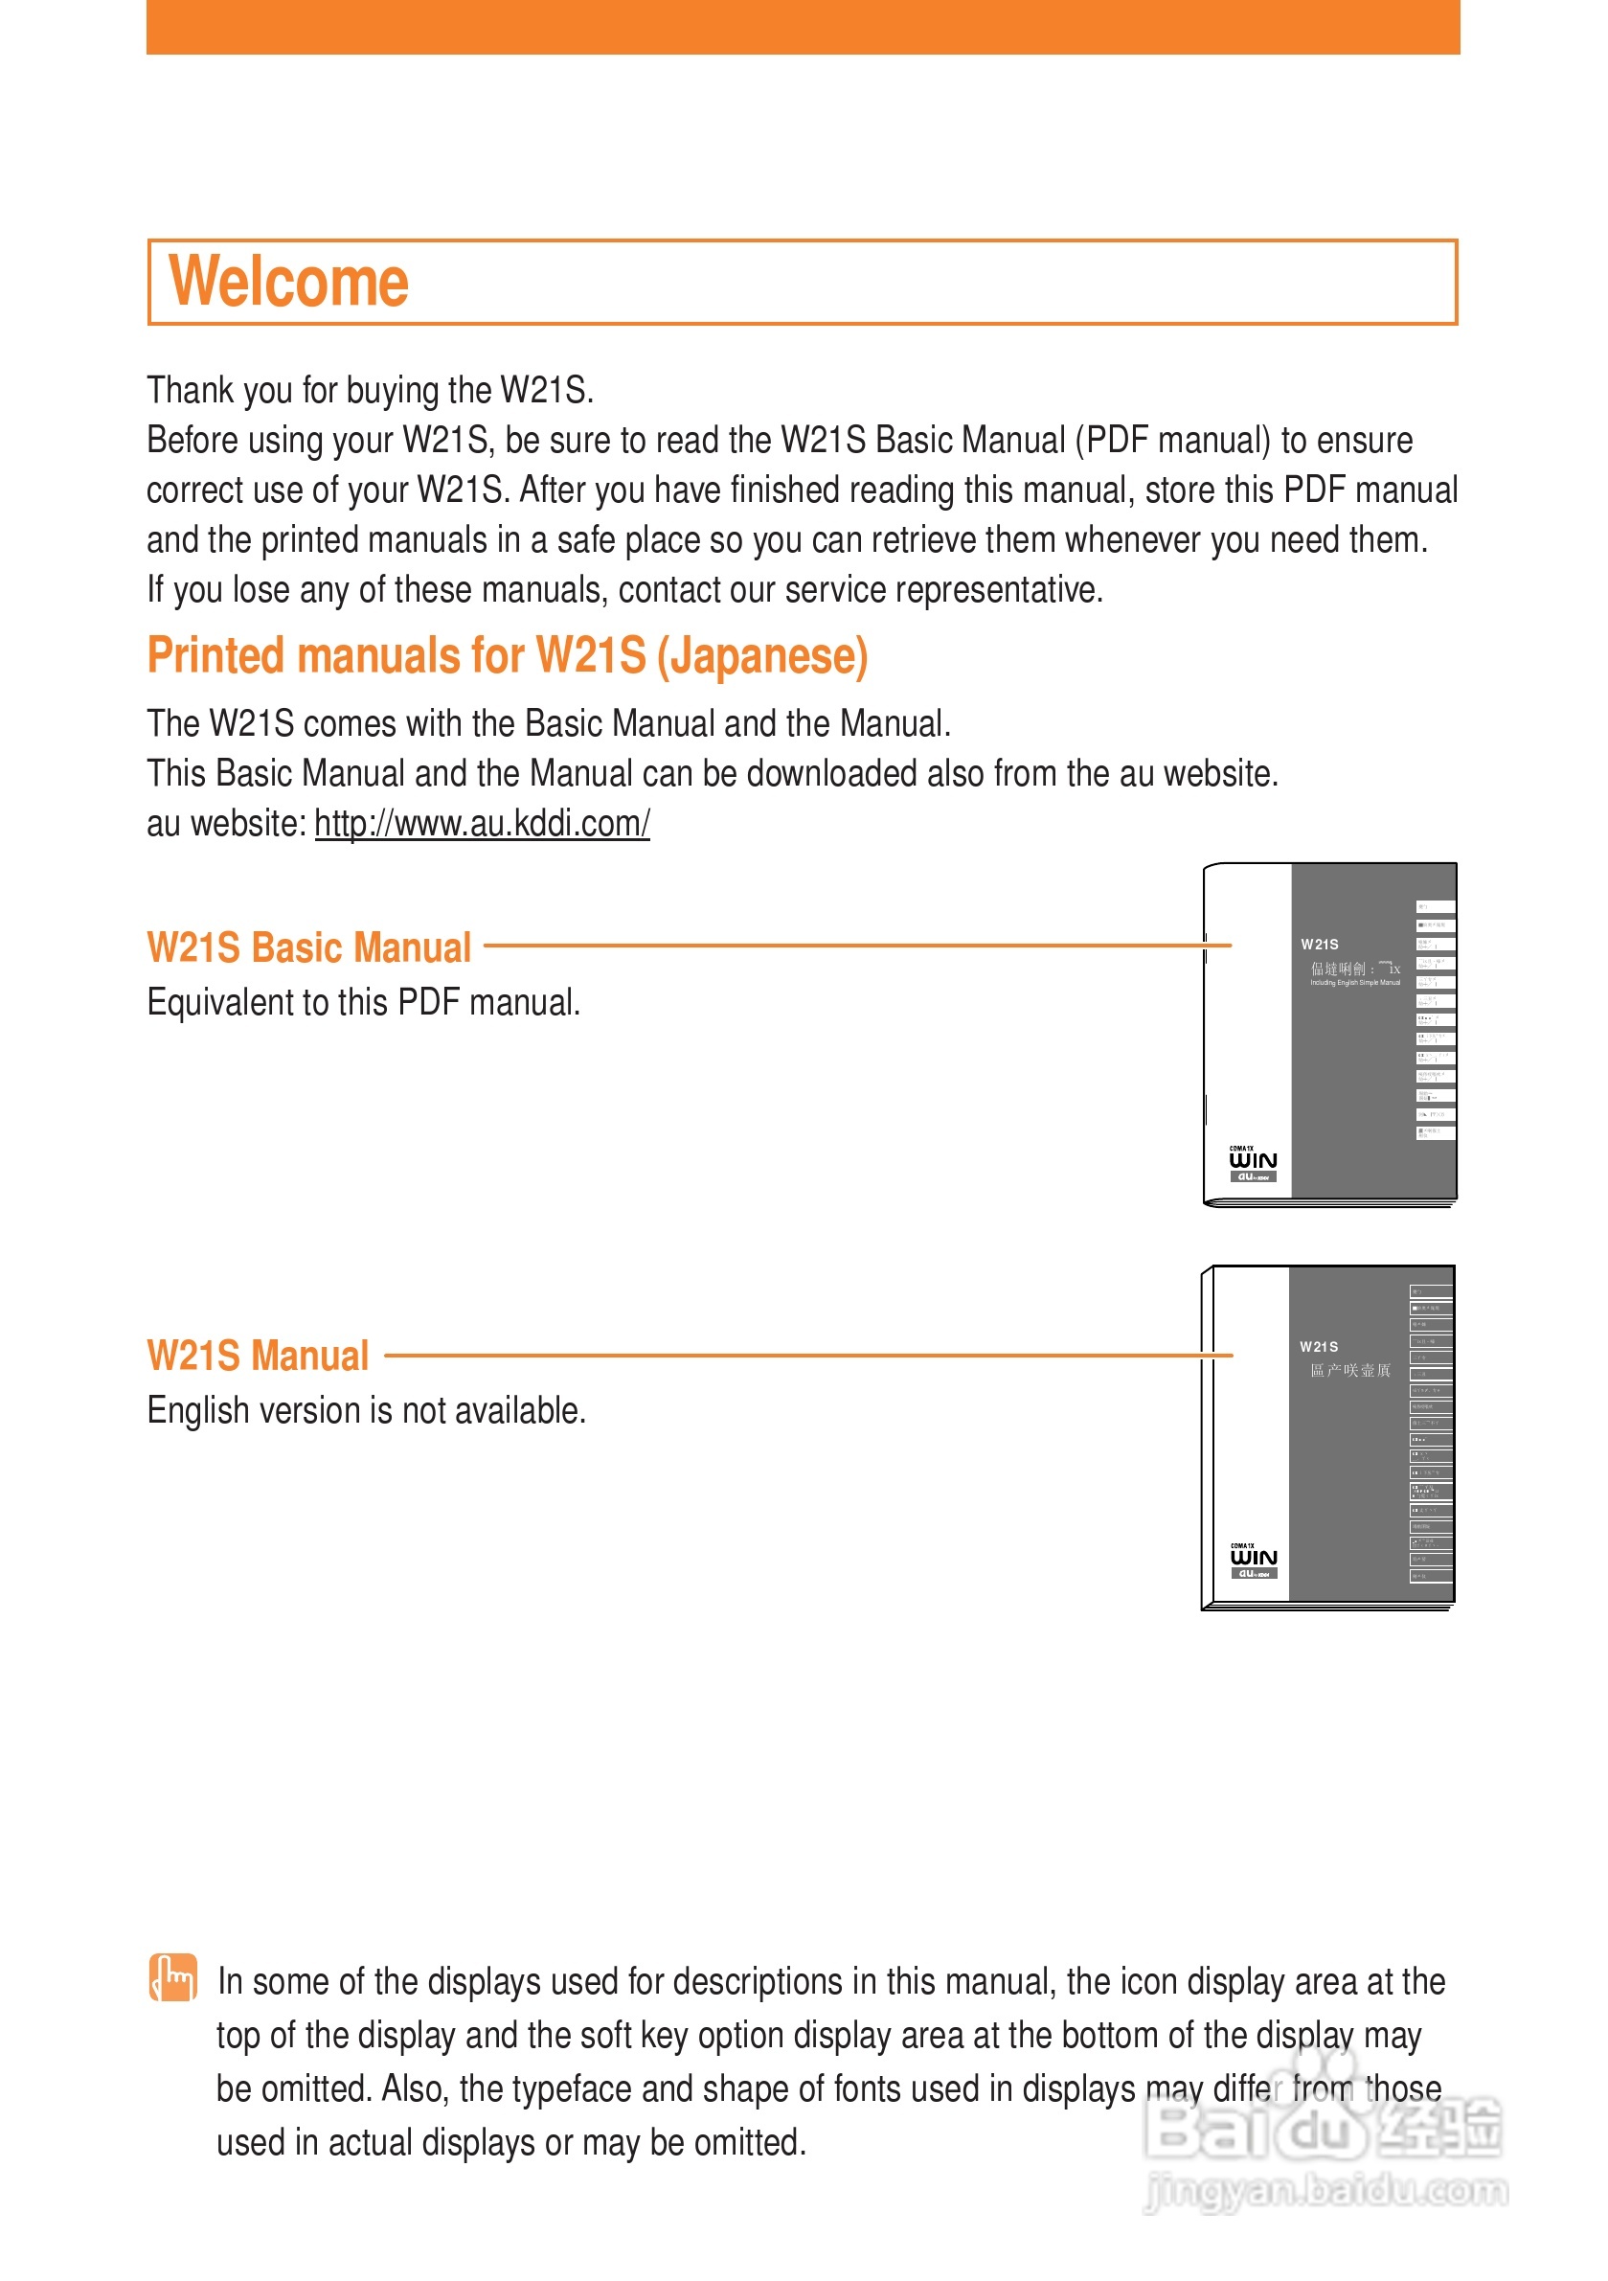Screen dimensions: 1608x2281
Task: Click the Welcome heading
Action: coord(288,283)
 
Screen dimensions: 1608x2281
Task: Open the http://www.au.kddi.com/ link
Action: coord(482,824)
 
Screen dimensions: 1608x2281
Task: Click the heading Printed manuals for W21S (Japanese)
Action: coord(507,655)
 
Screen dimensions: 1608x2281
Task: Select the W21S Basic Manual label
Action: coord(309,947)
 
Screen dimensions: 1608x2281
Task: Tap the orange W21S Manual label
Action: coord(258,1357)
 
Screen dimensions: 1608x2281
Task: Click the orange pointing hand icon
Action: coord(172,1977)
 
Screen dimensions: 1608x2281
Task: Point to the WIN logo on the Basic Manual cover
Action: coord(1253,1160)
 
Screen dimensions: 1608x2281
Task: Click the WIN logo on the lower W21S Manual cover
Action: coord(1254,1558)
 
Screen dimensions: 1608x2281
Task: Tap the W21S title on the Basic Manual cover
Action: coord(1319,944)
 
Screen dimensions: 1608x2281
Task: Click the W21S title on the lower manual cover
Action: coord(1318,1346)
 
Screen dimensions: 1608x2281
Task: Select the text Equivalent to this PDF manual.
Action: coord(364,1002)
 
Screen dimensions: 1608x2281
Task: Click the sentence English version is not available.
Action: coord(367,1411)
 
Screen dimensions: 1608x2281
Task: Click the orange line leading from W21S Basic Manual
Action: coord(854,945)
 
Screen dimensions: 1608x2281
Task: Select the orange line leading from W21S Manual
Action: coord(804,1354)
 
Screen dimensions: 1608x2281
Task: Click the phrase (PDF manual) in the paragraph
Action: coord(1172,440)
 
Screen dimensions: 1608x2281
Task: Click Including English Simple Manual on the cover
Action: coord(1354,983)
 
